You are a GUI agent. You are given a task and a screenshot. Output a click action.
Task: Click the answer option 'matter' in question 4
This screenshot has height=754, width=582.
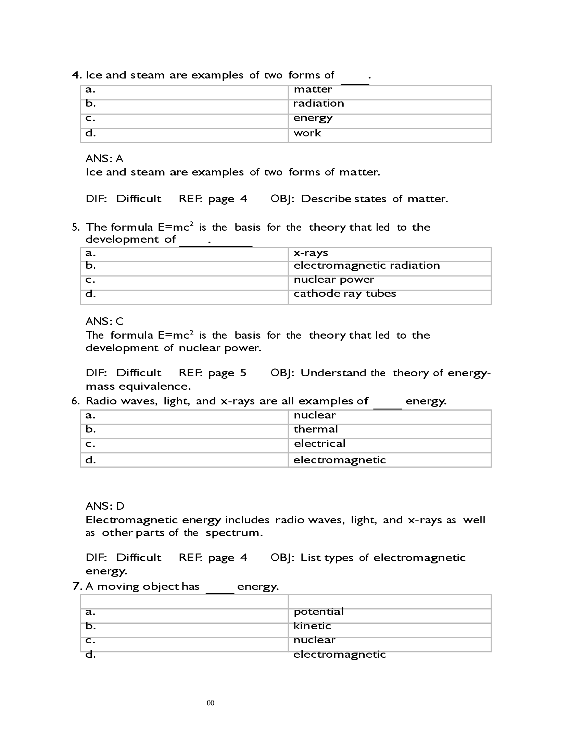[x=312, y=89]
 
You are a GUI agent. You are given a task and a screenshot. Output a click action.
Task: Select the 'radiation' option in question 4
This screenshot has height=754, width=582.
[x=318, y=104]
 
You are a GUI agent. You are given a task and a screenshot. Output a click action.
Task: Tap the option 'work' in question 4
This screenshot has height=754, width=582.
[x=307, y=133]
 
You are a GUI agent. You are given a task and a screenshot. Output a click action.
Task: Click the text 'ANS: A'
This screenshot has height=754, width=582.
[x=104, y=159]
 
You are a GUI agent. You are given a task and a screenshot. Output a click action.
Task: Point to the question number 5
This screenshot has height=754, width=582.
[x=76, y=227]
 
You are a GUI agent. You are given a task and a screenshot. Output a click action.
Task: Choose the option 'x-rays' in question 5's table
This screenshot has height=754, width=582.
[x=310, y=253]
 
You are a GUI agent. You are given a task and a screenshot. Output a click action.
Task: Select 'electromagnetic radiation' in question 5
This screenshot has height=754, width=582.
[x=366, y=266]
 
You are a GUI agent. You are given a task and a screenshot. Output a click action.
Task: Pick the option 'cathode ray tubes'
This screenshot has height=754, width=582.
[x=344, y=294]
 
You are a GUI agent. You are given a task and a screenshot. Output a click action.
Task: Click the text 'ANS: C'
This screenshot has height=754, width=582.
[x=104, y=321]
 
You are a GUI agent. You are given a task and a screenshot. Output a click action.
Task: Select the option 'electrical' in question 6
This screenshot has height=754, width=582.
[x=319, y=443]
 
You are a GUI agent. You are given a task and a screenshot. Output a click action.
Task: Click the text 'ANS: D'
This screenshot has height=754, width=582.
[x=104, y=506]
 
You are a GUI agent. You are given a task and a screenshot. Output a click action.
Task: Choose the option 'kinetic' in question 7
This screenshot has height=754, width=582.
[x=312, y=626]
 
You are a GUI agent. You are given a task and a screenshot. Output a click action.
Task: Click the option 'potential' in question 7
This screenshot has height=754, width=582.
[x=318, y=612]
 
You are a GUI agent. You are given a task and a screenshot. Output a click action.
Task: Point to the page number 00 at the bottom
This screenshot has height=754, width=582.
[x=210, y=703]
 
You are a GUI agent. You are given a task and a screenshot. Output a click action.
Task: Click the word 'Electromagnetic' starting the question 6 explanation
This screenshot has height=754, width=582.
[x=131, y=520]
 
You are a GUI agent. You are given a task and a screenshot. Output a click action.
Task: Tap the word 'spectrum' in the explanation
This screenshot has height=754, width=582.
[x=233, y=533]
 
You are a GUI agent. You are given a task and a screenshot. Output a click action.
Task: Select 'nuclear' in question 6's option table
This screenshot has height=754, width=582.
[x=314, y=415]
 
